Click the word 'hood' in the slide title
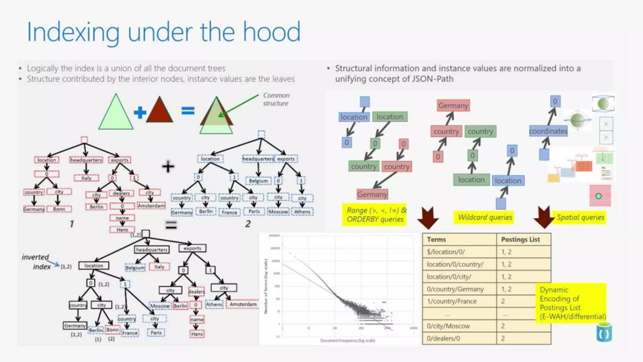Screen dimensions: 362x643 [x=272, y=32]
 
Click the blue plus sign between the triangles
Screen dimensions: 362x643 [x=140, y=112]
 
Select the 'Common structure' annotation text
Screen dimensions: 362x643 [x=276, y=99]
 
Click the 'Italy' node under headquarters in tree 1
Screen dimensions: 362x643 [x=86, y=178]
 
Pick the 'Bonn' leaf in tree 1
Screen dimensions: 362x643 [x=59, y=209]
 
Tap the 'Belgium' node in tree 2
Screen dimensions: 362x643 [x=258, y=181]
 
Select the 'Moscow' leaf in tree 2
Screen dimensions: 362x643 [x=278, y=212]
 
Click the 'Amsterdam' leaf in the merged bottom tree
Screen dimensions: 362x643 [x=243, y=304]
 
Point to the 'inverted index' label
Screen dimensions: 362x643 [x=36, y=262]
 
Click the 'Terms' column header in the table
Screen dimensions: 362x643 [x=436, y=239]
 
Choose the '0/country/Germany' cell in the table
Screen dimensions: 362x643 [x=455, y=289]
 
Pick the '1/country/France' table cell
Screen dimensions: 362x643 [x=451, y=301]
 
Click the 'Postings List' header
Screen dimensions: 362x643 [x=520, y=239]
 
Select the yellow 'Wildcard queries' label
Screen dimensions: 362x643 [x=485, y=217]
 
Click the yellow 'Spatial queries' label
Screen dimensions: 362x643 [x=580, y=217]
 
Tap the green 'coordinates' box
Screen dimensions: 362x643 [x=548, y=131]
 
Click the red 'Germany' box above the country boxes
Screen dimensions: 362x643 [x=453, y=106]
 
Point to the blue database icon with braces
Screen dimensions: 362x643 [x=604, y=333]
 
